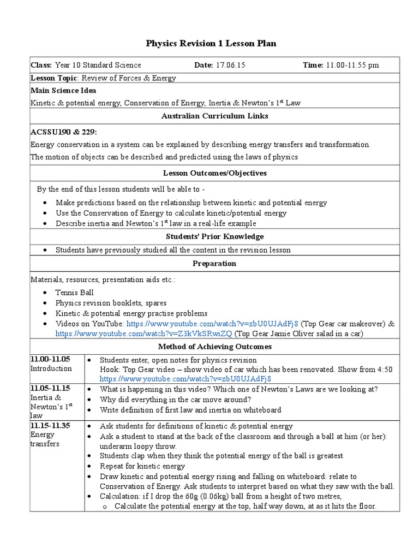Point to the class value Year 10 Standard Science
click(x=98, y=66)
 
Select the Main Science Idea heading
click(x=63, y=91)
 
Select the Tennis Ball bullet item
click(x=75, y=293)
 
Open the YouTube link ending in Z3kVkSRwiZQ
click(x=143, y=333)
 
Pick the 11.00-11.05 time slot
click(x=51, y=359)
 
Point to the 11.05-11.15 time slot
click(x=51, y=389)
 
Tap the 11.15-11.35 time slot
click(x=51, y=426)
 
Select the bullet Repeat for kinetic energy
click(x=142, y=466)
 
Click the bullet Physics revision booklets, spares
click(x=111, y=303)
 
